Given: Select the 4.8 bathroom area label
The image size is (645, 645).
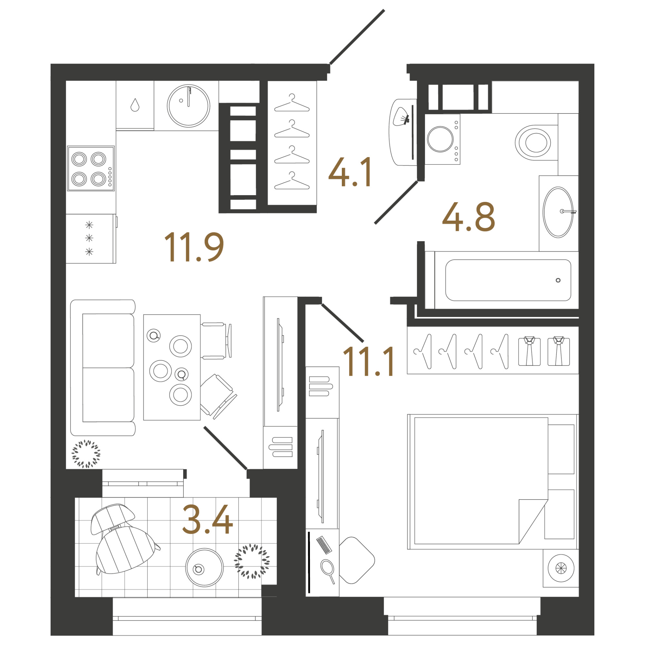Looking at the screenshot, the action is [x=468, y=217].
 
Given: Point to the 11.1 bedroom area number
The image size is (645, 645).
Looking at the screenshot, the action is [x=369, y=362].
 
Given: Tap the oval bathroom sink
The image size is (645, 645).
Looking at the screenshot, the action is [x=558, y=212].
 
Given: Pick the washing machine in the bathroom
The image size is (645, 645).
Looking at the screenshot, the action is [x=442, y=139].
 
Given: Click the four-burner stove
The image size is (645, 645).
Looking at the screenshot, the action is [x=91, y=168].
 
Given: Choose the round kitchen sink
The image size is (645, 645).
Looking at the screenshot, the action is [x=189, y=106].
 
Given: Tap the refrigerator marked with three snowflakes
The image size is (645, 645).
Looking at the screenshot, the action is [x=91, y=238].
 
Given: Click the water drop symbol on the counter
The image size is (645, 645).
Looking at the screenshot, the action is [x=135, y=105].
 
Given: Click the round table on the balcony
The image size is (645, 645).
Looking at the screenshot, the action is [x=204, y=567].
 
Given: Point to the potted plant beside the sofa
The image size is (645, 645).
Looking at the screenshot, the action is [x=86, y=454].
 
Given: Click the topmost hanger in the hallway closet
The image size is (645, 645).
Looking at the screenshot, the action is [x=292, y=103].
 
